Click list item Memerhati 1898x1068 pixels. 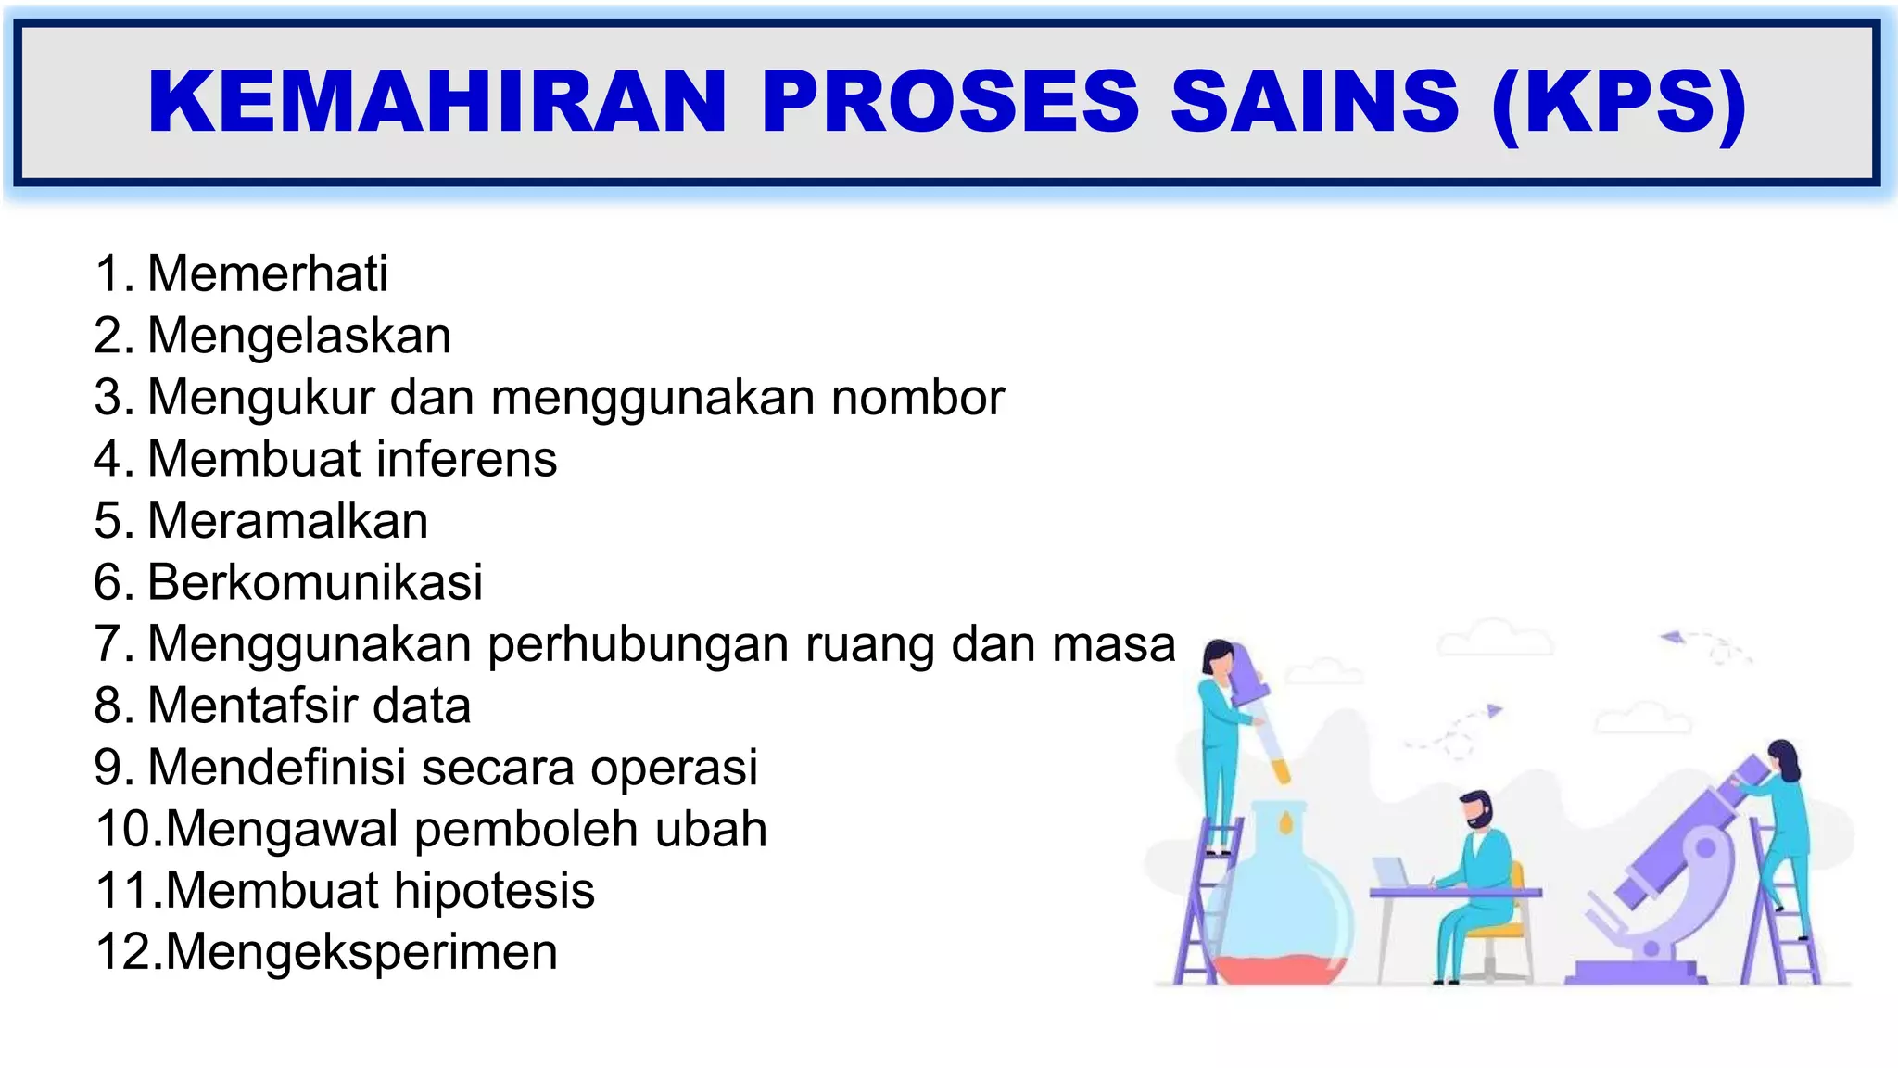coord(267,274)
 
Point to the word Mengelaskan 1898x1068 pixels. coord(298,336)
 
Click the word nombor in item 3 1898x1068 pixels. coord(917,398)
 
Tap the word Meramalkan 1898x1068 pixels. coord(287,521)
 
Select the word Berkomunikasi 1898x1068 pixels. coord(315,582)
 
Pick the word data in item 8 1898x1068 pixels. coord(423,706)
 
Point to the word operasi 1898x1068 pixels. coord(674,768)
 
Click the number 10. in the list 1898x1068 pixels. coord(128,829)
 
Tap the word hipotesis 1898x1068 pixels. coord(494,891)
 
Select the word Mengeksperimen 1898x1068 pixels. coord(361,952)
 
